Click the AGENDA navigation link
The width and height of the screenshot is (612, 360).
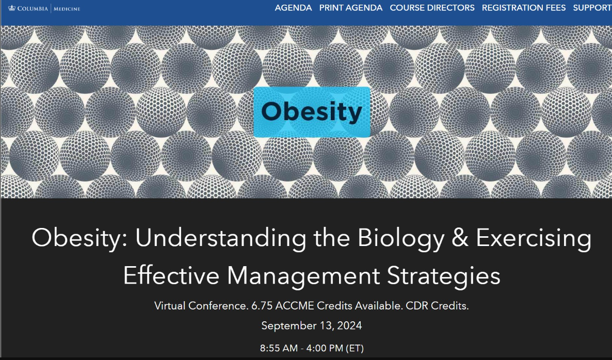click(293, 8)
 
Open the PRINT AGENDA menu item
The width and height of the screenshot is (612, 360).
click(351, 8)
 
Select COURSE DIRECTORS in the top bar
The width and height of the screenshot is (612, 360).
click(432, 8)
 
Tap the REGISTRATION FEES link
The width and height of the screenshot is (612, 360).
click(523, 8)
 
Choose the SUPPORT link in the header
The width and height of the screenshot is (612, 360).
click(592, 8)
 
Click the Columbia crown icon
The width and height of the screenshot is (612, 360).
click(12, 8)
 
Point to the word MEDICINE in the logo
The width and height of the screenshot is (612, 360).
click(67, 8)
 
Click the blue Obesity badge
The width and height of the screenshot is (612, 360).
click(312, 112)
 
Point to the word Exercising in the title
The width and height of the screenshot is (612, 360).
click(534, 238)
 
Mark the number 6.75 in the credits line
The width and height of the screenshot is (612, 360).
click(262, 305)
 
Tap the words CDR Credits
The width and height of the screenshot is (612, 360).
click(437, 305)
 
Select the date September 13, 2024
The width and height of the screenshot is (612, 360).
click(311, 326)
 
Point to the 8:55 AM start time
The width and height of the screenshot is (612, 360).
click(279, 348)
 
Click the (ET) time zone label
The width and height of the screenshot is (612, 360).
click(355, 348)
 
